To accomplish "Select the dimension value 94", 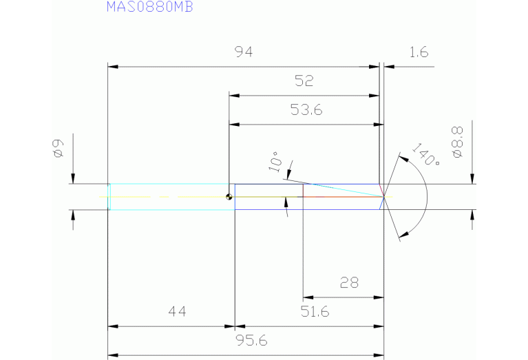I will (243, 53).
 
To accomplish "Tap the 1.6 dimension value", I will (418, 53).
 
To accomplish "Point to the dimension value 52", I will (304, 81).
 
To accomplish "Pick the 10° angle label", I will (275, 161).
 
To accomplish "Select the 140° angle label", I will (425, 155).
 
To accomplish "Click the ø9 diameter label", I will (57, 148).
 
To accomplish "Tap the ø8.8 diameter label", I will (458, 141).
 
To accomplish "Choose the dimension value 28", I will (349, 283).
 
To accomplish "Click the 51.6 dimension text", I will (315, 312).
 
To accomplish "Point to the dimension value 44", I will (177, 312).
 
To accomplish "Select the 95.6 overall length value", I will (251, 341).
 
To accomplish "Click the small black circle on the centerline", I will (229, 197).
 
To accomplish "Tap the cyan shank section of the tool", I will (169, 197).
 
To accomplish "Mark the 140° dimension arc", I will (428, 196).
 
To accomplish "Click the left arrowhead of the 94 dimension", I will (114, 67).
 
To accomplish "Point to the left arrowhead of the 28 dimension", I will (308, 297).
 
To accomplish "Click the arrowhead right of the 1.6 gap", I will (388, 67).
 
